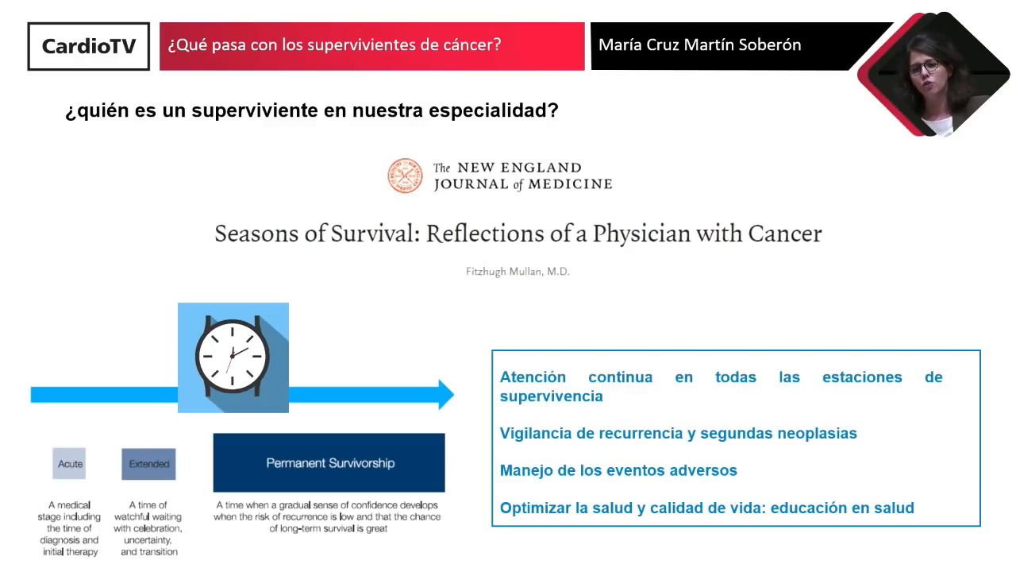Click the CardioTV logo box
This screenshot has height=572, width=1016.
(x=88, y=46)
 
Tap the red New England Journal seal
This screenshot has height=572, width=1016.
(x=405, y=176)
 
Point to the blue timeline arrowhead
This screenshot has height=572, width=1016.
(x=446, y=395)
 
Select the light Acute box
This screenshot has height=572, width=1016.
(x=69, y=463)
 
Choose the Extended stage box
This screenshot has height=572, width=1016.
(x=148, y=464)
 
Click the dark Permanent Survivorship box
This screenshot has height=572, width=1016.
(x=329, y=462)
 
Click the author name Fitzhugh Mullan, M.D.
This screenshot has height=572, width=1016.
(x=518, y=272)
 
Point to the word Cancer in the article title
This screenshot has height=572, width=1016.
(x=785, y=234)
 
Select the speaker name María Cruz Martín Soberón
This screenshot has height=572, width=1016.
(x=699, y=45)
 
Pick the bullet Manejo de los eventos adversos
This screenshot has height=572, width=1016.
(x=618, y=471)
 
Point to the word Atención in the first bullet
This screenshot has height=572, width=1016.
(x=533, y=377)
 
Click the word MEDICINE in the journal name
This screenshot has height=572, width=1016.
(x=570, y=184)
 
